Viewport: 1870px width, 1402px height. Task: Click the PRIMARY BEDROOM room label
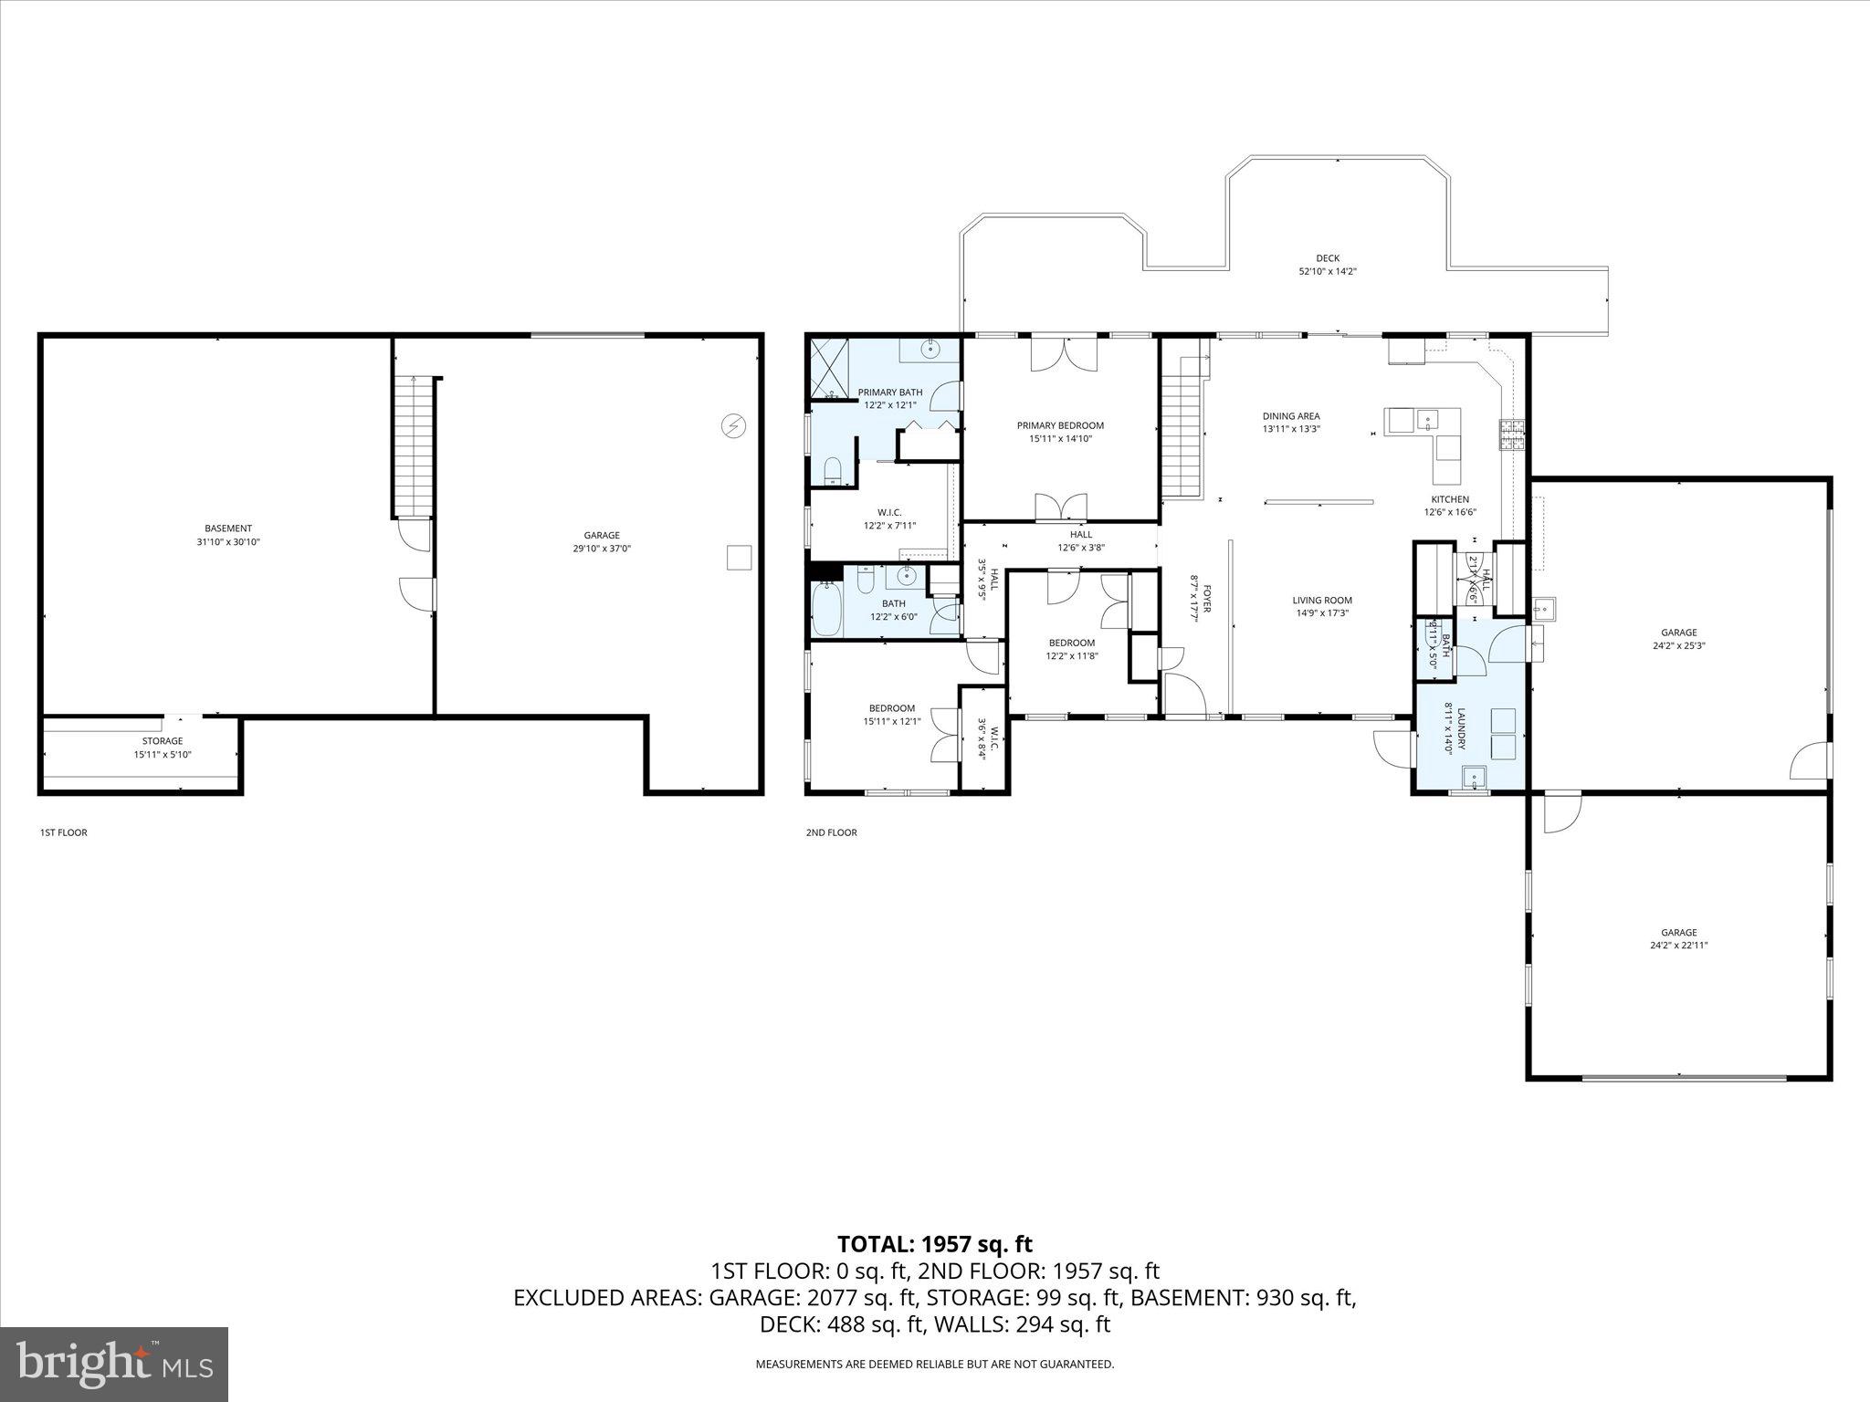[x=1060, y=432]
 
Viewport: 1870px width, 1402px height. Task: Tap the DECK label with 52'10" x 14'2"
[x=1328, y=265]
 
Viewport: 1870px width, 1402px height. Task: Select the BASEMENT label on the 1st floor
[x=228, y=535]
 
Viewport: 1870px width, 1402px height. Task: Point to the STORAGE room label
[x=163, y=748]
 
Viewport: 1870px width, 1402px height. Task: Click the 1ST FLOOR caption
[x=63, y=832]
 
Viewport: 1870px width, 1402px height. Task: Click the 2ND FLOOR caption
[x=831, y=832]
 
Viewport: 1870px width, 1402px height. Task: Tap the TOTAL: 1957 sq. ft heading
[x=934, y=1243]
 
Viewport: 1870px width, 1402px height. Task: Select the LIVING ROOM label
[x=1321, y=606]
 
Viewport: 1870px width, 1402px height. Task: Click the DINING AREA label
[x=1291, y=422]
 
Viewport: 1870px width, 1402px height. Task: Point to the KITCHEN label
[x=1450, y=506]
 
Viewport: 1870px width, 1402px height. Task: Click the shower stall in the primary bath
[x=829, y=370]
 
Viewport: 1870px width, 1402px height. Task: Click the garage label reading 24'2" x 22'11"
[x=1678, y=938]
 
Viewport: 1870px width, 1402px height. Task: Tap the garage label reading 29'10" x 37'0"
[x=602, y=542]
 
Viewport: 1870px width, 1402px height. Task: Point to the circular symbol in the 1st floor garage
[x=733, y=426]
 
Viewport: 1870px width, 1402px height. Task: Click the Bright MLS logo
[x=114, y=1364]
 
